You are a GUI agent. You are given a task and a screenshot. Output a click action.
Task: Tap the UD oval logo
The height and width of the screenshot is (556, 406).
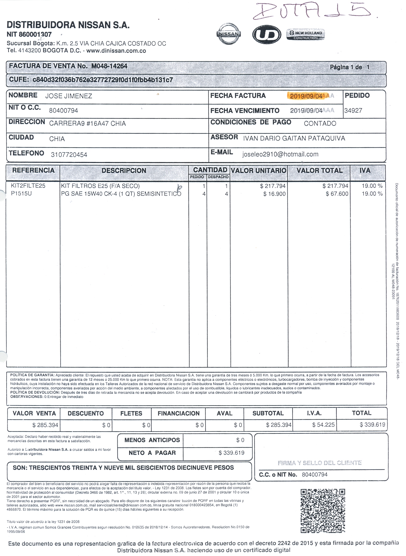(266, 34)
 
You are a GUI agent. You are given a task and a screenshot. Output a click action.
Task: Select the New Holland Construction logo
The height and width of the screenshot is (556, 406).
(306, 35)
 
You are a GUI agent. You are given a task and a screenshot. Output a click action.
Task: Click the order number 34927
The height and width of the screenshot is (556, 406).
(353, 111)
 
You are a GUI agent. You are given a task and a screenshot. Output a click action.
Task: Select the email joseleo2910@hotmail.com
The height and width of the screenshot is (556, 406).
(280, 154)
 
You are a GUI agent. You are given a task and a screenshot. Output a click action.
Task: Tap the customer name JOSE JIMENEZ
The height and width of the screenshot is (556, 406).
(69, 96)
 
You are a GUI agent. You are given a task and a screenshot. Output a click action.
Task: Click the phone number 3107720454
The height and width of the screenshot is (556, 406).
(69, 155)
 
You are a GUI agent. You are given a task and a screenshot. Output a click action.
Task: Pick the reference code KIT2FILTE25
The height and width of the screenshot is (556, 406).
(28, 186)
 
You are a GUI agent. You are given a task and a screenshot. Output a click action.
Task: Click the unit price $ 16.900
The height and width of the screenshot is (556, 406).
(274, 194)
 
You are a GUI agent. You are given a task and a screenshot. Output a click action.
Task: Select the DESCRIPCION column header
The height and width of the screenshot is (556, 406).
(124, 171)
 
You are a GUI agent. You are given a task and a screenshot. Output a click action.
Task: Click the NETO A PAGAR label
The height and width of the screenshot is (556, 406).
(152, 453)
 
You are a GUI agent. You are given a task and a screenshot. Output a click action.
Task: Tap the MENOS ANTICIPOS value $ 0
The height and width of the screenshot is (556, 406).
(240, 440)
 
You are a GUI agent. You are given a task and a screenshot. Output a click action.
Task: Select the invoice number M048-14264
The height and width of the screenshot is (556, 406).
(109, 66)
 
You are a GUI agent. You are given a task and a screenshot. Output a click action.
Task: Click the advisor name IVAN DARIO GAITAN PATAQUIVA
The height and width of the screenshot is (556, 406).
(294, 138)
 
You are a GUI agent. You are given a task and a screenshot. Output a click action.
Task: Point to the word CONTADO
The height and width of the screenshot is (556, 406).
(320, 123)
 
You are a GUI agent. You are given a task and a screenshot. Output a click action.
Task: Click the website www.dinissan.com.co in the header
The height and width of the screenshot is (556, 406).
(116, 51)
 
